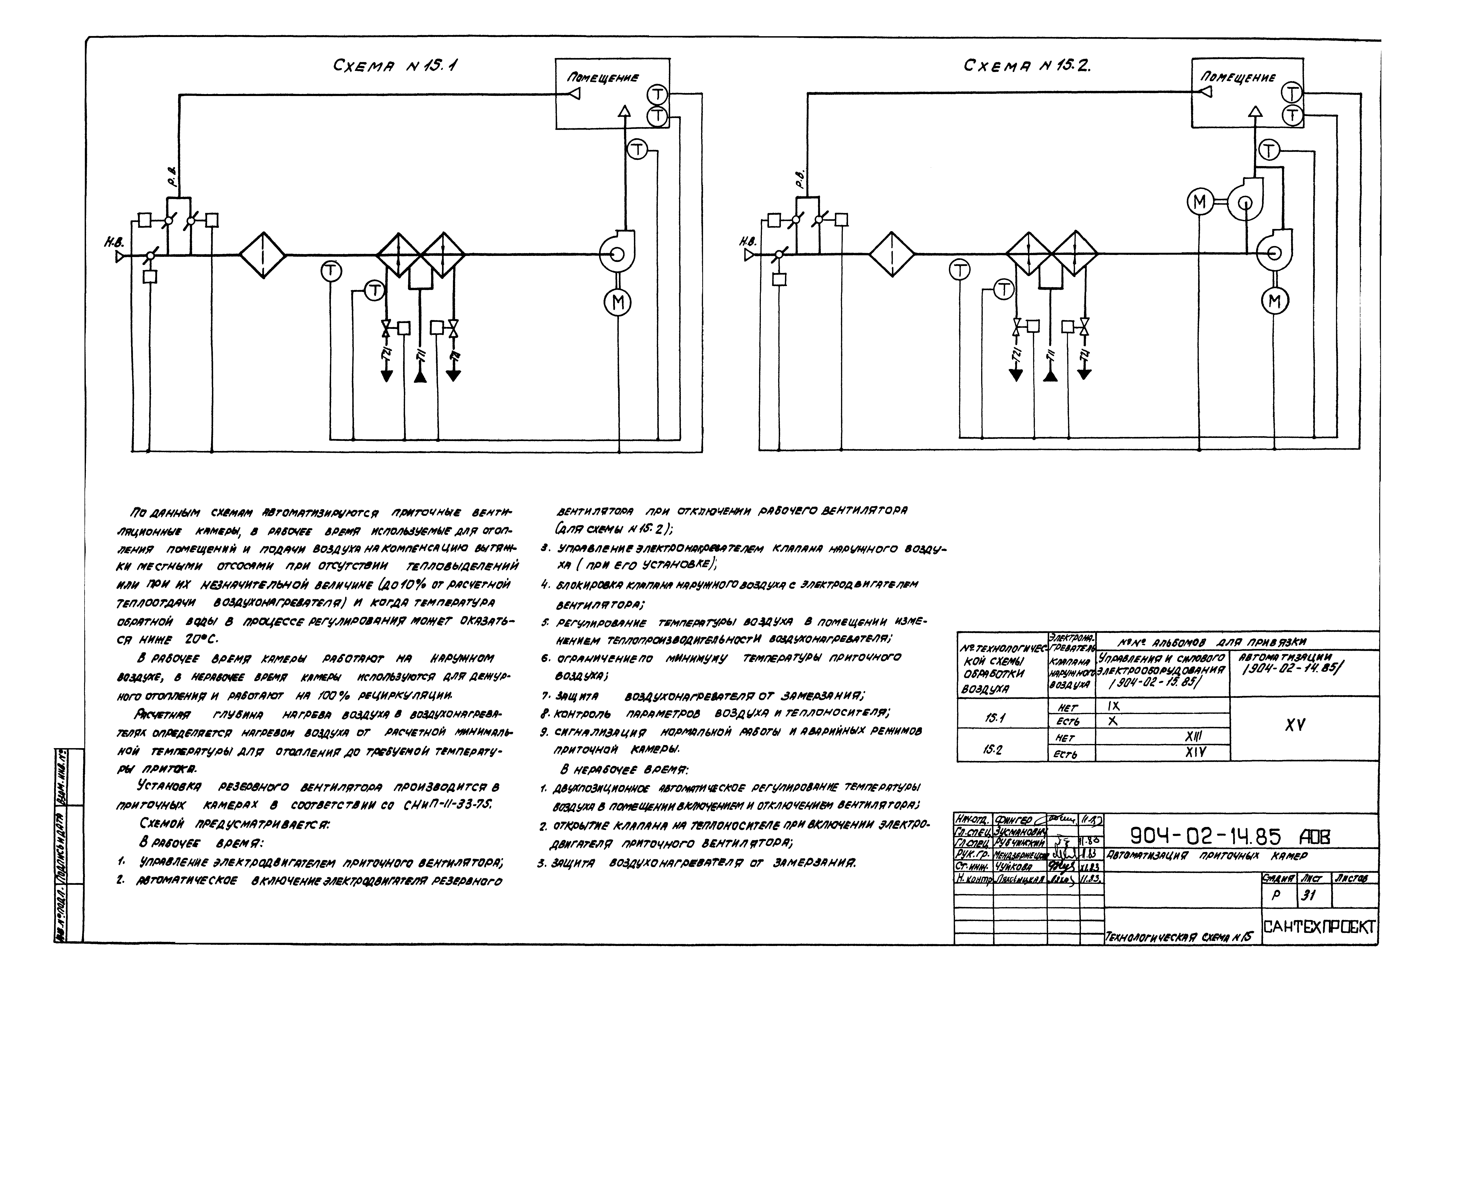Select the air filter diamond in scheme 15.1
(262, 255)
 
